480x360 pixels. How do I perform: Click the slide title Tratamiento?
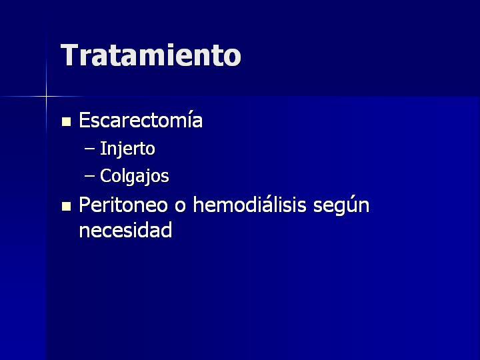(151, 55)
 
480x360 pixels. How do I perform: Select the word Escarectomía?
(141, 120)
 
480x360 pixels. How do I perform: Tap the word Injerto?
(127, 149)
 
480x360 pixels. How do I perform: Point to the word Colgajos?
(135, 176)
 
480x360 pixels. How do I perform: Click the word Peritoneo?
(123, 205)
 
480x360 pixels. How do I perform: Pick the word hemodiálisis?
(249, 205)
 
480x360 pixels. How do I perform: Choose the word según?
(341, 206)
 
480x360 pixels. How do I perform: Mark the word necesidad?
(125, 229)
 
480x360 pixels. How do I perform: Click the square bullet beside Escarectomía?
(66, 121)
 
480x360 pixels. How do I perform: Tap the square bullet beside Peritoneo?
(66, 206)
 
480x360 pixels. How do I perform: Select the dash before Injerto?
(90, 149)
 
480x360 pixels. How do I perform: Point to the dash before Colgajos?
(90, 176)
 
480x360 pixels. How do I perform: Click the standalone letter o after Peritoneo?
(180, 206)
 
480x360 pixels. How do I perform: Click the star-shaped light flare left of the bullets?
(46, 97)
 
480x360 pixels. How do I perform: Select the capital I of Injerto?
(103, 149)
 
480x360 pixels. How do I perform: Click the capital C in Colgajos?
(105, 176)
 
